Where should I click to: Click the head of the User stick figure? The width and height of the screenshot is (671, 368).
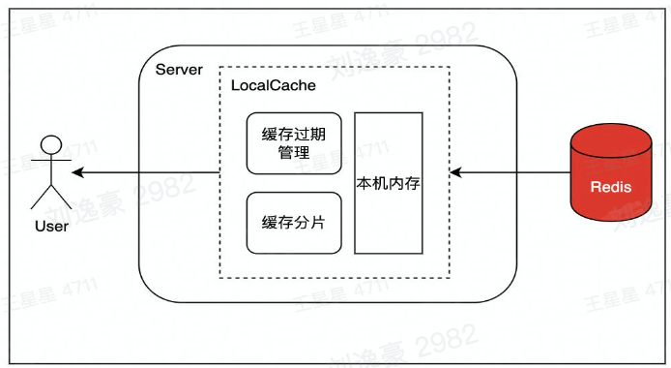click(x=50, y=146)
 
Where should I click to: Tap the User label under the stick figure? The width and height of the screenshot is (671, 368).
click(x=50, y=228)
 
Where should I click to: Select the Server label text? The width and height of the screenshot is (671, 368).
click(x=180, y=71)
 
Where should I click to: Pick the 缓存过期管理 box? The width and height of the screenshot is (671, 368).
click(x=294, y=142)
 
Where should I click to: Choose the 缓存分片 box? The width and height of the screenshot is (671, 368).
click(x=294, y=222)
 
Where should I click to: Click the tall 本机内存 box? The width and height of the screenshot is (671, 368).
click(x=389, y=182)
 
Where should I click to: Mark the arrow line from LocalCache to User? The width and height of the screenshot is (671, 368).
click(x=145, y=173)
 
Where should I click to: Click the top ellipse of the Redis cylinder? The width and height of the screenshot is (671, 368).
click(x=611, y=140)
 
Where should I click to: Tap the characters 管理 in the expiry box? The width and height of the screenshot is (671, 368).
click(x=294, y=152)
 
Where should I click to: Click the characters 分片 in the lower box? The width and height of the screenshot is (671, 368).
click(x=309, y=222)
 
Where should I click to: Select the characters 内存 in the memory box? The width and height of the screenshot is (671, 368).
click(x=405, y=182)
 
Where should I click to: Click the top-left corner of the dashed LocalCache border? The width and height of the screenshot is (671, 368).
click(x=220, y=67)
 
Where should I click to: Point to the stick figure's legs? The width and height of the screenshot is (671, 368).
click(x=50, y=199)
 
